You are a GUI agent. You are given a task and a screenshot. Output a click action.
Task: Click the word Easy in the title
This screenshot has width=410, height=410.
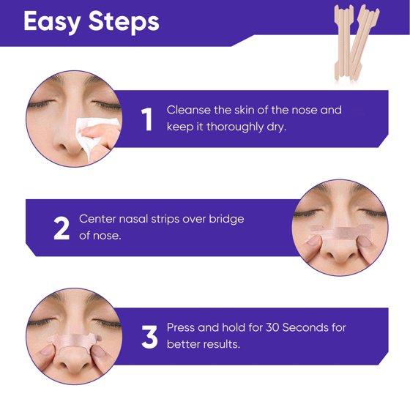(52, 22)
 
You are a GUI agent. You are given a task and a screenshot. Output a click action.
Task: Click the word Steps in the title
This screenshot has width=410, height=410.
(124, 22)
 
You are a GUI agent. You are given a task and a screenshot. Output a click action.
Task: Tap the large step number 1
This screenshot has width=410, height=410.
(147, 119)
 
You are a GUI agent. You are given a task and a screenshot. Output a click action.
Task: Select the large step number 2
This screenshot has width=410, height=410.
(61, 228)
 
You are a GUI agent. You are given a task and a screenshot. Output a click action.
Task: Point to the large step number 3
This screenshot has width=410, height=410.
(149, 338)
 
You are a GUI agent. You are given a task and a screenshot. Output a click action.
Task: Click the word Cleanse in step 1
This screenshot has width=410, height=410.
(189, 110)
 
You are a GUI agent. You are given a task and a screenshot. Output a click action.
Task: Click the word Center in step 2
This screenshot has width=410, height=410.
(97, 219)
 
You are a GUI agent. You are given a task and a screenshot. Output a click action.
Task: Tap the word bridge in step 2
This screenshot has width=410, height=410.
(226, 220)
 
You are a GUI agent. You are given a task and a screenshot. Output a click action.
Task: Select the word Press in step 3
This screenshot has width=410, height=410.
(181, 328)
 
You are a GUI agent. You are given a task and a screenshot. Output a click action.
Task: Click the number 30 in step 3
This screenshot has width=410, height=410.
(272, 328)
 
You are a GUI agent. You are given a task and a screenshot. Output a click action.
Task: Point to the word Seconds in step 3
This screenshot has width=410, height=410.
(305, 328)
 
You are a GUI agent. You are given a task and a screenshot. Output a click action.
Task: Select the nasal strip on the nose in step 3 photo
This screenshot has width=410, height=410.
(74, 340)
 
